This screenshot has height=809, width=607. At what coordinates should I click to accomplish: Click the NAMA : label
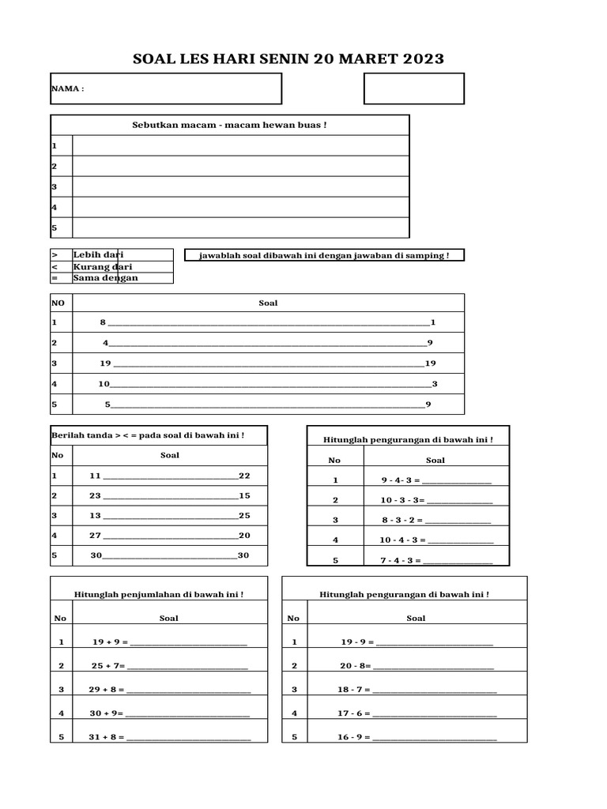click(x=67, y=88)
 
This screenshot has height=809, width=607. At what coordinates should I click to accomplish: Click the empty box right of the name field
click(x=413, y=88)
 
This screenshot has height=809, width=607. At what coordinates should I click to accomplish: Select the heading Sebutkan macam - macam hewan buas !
click(x=229, y=125)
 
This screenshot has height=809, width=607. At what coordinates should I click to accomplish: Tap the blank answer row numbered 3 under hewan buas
click(x=240, y=186)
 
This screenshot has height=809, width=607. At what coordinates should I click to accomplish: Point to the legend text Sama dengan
click(x=105, y=277)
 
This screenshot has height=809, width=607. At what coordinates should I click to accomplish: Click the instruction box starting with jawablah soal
click(x=324, y=255)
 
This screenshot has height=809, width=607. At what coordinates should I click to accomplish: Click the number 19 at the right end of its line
click(x=431, y=363)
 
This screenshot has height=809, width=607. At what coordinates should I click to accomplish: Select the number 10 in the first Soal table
click(x=104, y=384)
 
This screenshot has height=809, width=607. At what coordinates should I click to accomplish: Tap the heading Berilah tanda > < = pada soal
click(x=148, y=435)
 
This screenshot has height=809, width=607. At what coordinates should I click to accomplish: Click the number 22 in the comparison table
click(x=244, y=476)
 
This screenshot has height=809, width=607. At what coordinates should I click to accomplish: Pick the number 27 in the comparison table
click(x=96, y=535)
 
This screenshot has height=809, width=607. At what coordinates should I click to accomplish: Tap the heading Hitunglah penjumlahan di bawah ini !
click(x=158, y=593)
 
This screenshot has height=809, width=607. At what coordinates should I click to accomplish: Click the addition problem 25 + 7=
click(x=107, y=665)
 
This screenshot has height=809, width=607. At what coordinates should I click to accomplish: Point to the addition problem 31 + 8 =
click(x=107, y=737)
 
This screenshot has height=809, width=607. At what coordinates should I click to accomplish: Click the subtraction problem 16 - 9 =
click(x=354, y=737)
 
